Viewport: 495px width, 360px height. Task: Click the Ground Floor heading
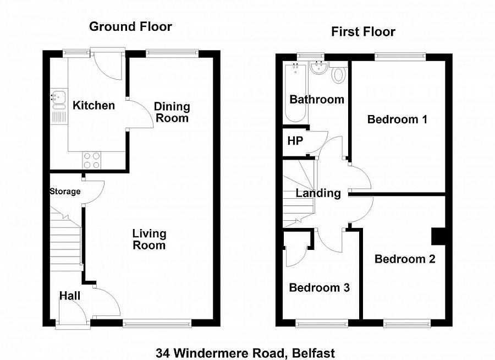(130, 26)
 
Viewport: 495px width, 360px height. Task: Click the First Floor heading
(363, 31)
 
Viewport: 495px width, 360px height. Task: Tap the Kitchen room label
(94, 105)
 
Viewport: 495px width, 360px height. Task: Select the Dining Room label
(172, 112)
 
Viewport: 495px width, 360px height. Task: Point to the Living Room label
(148, 239)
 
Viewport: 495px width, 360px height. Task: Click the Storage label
(65, 192)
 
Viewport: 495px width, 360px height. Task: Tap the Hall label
(70, 296)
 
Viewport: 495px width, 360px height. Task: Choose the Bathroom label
(317, 100)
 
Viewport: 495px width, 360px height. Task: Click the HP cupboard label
(295, 140)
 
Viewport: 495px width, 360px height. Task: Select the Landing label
(318, 193)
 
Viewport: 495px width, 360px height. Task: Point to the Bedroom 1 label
(397, 119)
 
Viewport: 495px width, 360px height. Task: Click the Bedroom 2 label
(405, 259)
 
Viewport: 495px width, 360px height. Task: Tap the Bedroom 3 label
(319, 287)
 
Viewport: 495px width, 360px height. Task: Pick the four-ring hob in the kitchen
(92, 160)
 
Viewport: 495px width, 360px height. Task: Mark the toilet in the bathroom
(339, 74)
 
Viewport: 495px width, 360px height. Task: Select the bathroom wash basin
(318, 68)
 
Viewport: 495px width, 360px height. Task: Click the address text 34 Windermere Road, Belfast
(245, 352)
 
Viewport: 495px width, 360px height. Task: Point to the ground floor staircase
(66, 237)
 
